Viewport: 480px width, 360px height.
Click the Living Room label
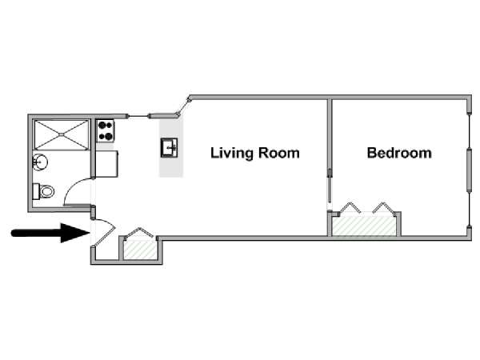255,153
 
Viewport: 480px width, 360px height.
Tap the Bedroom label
399,153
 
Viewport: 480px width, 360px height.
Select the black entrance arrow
50,233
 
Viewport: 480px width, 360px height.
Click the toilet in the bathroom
43,192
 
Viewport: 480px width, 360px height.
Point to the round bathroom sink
40,162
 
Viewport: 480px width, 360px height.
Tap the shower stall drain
62,134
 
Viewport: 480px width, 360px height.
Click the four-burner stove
106,131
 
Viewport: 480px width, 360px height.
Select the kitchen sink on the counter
170,148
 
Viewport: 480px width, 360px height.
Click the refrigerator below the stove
107,164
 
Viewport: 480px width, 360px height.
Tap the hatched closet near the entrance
140,250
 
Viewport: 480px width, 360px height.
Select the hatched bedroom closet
364,226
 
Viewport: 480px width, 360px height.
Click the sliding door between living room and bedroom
330,186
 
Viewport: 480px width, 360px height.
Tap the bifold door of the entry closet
138,234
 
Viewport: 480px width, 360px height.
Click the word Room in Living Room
278,153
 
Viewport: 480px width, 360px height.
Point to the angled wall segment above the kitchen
184,106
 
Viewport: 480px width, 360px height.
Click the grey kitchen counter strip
171,148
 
